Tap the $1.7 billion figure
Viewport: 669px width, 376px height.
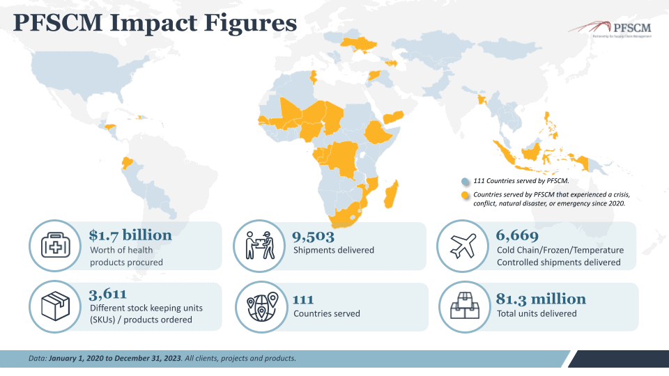[x=130, y=235]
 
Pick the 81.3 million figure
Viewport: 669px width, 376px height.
[x=541, y=299]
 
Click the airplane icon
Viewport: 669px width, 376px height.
[x=463, y=246]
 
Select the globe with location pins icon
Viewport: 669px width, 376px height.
[x=259, y=306]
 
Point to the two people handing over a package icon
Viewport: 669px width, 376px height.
[x=259, y=246]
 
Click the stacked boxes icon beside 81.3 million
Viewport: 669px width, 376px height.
[x=463, y=306]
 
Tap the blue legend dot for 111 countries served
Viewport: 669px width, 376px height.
[x=466, y=180]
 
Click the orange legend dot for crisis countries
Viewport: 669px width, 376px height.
[x=466, y=195]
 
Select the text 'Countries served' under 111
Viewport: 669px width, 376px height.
[x=327, y=313]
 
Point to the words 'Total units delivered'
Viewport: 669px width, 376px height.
[x=537, y=313]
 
